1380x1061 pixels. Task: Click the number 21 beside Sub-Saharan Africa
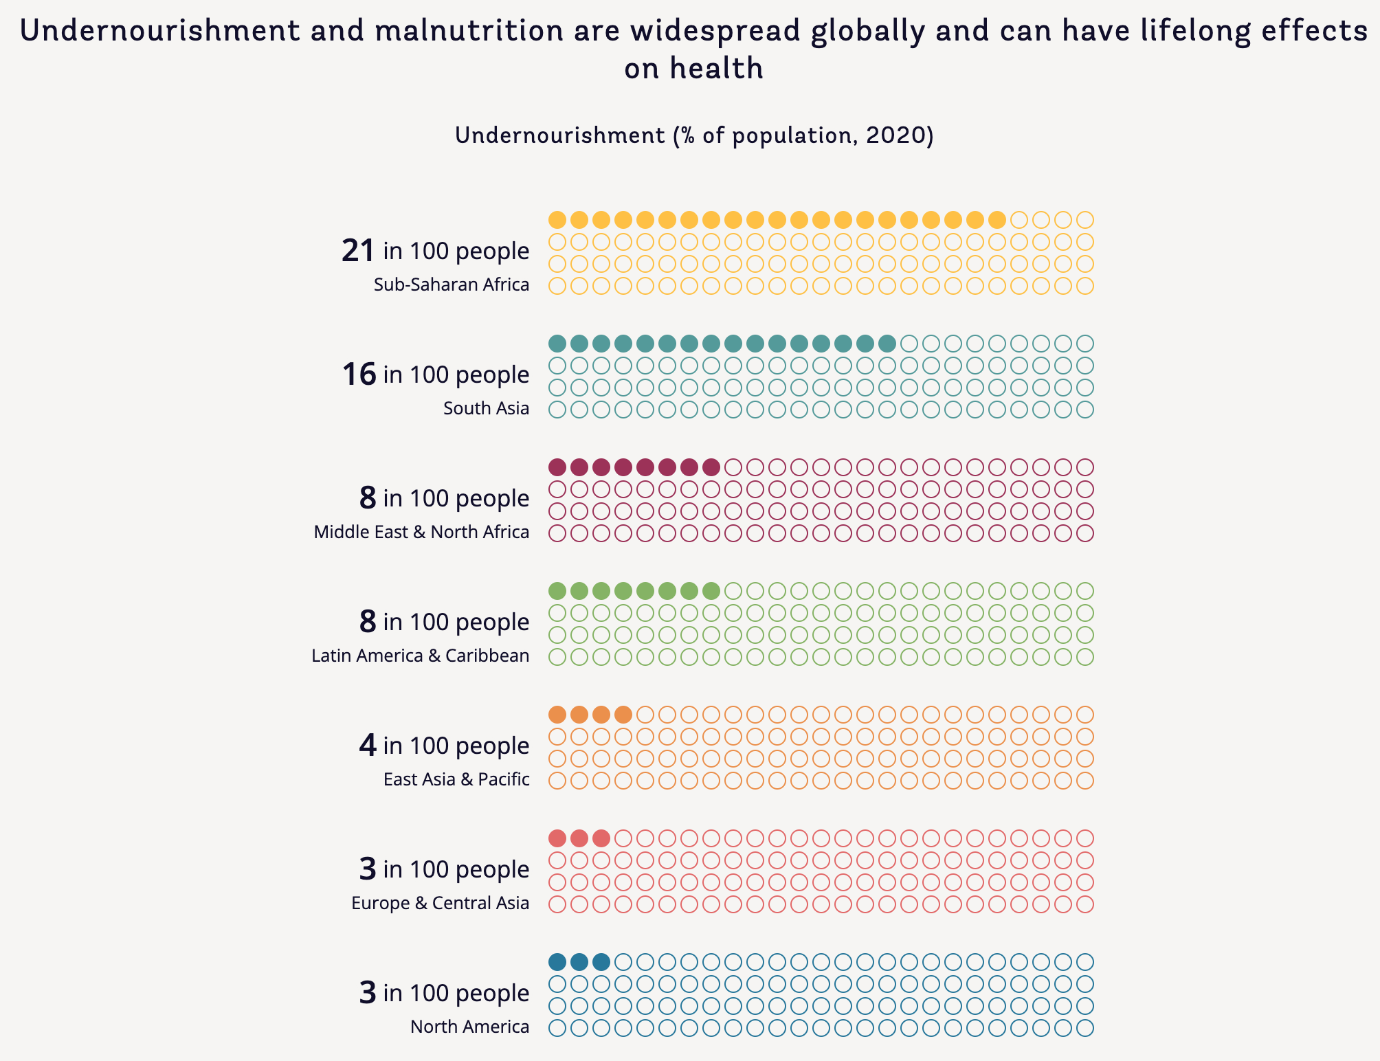tap(358, 251)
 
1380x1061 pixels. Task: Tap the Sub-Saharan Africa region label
tap(452, 284)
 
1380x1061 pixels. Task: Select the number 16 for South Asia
tap(359, 375)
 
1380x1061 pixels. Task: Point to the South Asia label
tap(486, 408)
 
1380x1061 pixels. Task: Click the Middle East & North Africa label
tap(421, 532)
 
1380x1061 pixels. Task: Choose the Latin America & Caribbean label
tap(420, 656)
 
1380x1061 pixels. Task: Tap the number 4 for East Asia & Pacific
tap(368, 746)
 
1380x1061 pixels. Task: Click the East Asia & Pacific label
tap(456, 779)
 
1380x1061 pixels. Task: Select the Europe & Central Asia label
tap(440, 903)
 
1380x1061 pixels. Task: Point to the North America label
tap(469, 1027)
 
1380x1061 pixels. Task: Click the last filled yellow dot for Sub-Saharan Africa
tap(997, 220)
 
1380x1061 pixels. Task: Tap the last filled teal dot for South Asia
tap(887, 344)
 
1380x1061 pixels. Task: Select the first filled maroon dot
tap(557, 467)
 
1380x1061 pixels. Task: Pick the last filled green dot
tap(711, 591)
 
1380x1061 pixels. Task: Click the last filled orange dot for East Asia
tap(623, 715)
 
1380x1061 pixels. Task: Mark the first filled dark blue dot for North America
tap(557, 962)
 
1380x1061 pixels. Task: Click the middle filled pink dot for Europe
tap(579, 838)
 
